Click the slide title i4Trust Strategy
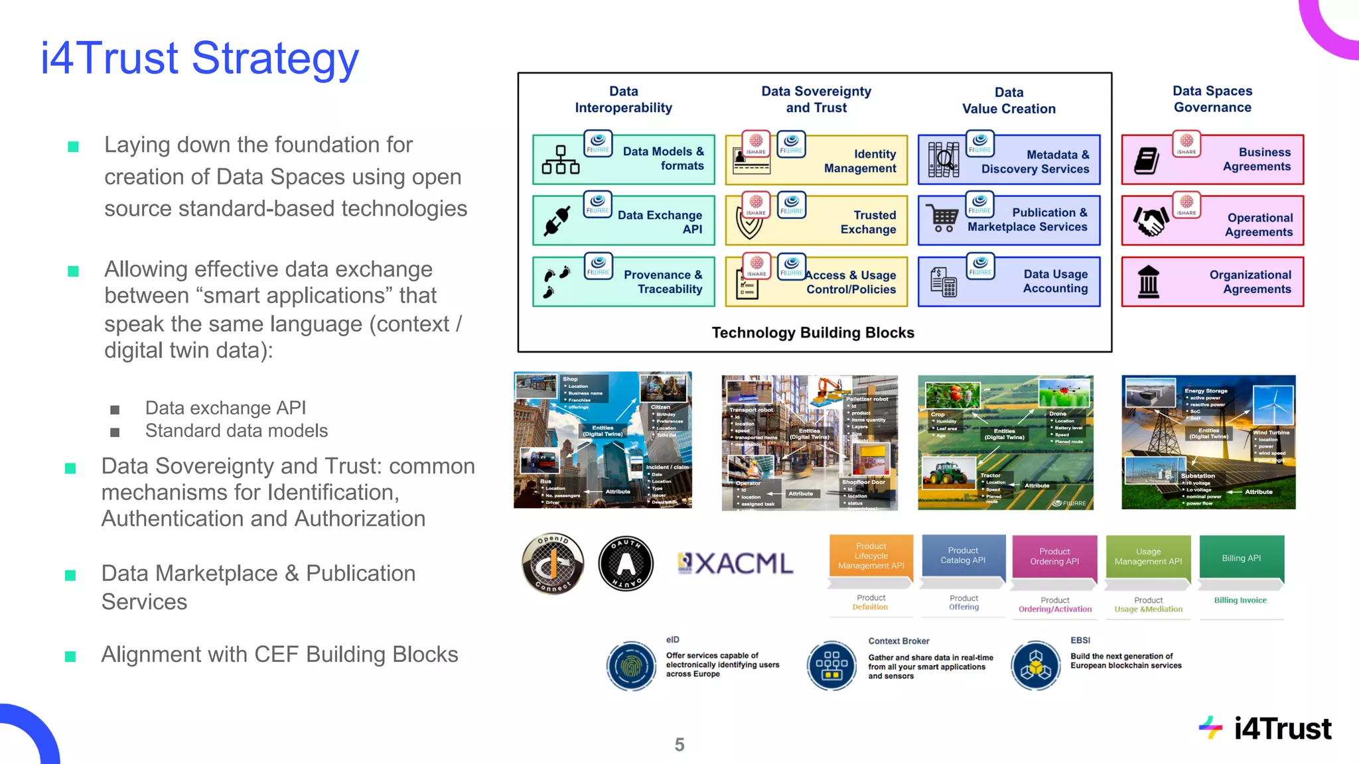coord(199,58)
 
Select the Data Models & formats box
coord(624,159)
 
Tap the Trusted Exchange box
coord(816,222)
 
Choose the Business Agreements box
coord(1212,160)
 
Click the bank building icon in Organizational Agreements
coord(1148,283)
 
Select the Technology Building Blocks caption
coord(813,333)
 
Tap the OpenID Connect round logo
coord(553,564)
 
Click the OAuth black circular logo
coord(626,564)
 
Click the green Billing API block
coord(1241,558)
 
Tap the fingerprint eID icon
coord(630,665)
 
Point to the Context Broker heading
coord(898,641)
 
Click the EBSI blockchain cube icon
coord(1035,665)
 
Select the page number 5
coord(679,745)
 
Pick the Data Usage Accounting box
coord(1009,282)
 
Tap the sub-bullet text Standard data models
coord(236,431)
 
